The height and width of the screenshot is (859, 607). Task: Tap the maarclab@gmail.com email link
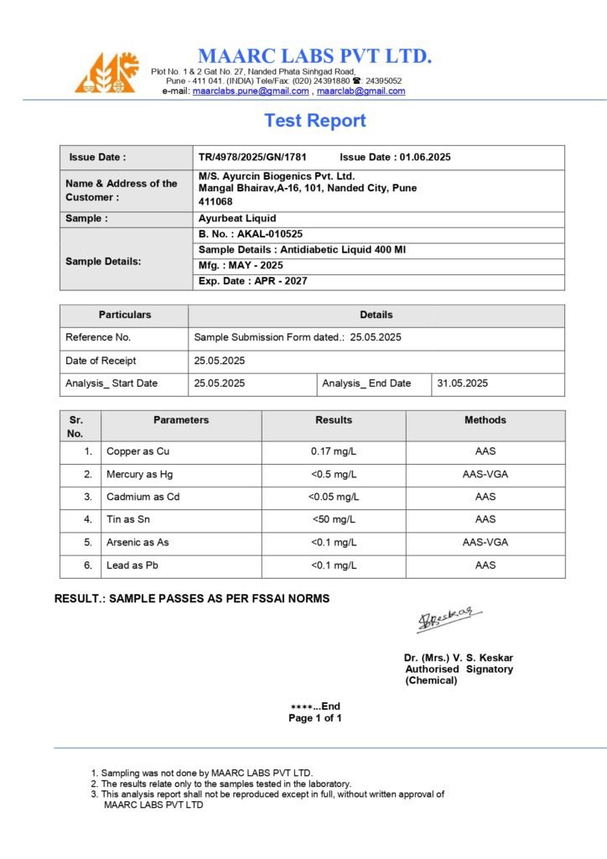361,91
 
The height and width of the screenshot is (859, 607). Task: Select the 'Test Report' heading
315,121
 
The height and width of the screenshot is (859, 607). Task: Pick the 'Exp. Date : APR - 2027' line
252,281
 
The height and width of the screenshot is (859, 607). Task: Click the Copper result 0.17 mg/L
334,451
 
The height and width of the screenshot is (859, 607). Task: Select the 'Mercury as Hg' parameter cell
139,474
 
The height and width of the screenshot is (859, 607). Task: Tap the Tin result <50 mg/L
334,519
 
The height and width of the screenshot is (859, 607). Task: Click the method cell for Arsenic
485,542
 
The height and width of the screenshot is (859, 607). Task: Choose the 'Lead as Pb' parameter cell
132,565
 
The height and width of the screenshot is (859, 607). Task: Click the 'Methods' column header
485,419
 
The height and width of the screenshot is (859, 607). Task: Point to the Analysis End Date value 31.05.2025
461,383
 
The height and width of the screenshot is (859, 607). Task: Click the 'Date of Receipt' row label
101,361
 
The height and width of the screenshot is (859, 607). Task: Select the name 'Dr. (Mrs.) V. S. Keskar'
458,658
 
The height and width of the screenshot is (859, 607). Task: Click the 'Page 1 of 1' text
315,718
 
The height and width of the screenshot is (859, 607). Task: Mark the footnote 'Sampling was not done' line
206,773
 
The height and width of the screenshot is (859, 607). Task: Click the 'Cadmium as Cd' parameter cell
143,497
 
